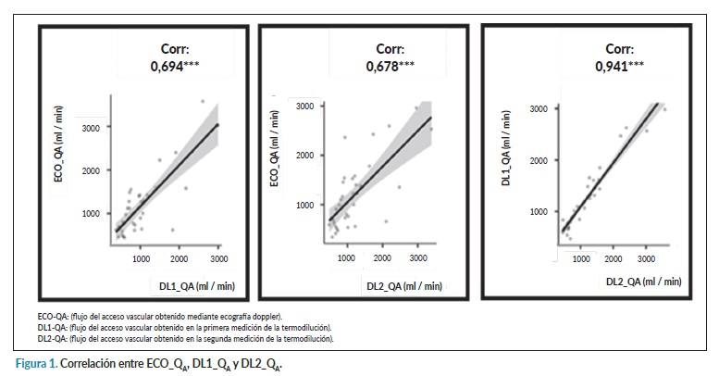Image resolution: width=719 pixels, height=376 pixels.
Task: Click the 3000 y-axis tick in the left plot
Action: coord(91,126)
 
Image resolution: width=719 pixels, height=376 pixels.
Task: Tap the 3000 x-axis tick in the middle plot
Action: coord(417,257)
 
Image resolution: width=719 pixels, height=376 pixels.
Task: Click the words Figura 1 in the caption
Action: coord(40,366)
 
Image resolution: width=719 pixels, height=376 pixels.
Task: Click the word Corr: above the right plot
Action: coord(619,48)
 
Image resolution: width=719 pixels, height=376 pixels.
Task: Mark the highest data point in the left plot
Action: coord(203,101)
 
